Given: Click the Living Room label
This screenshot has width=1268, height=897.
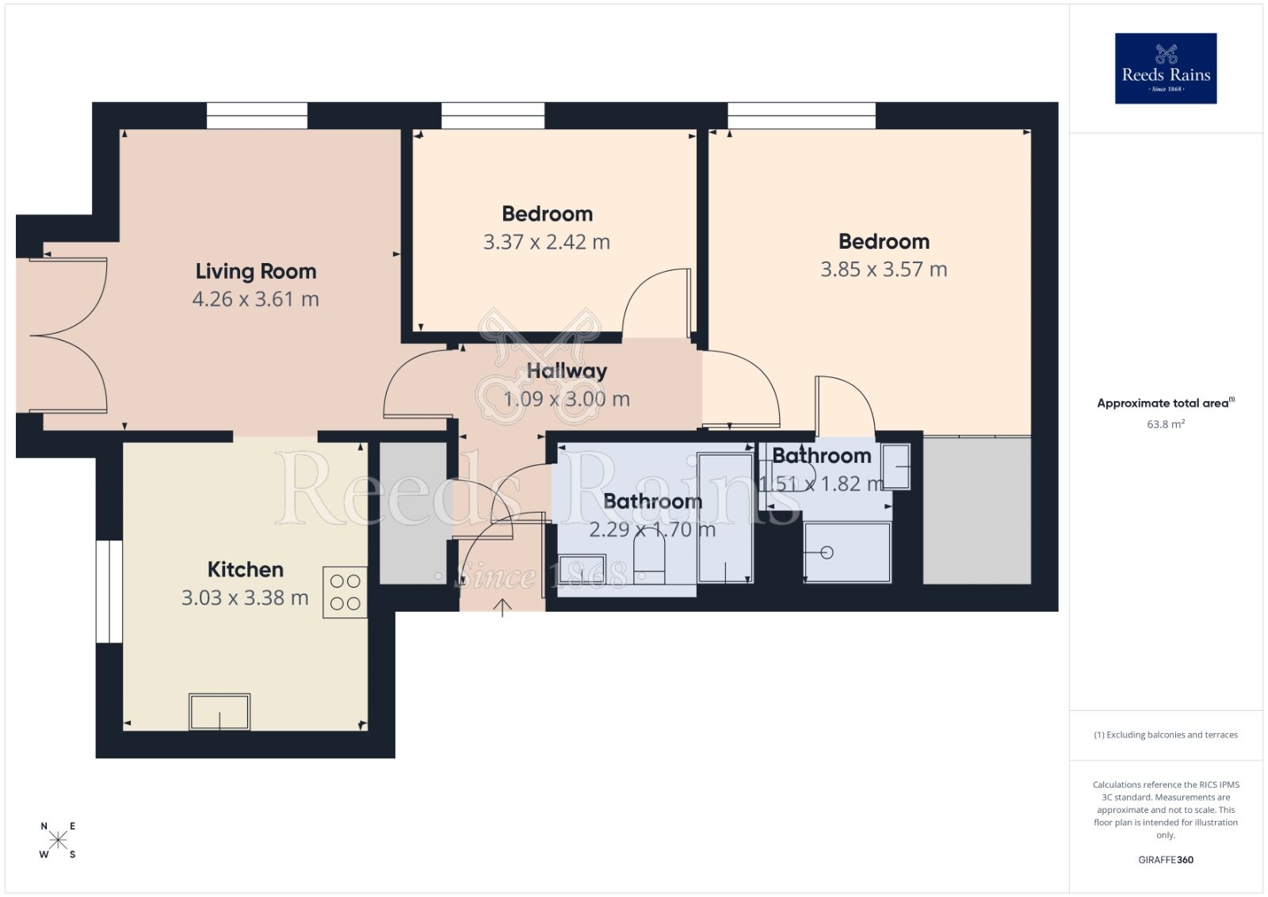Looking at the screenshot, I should pos(255,272).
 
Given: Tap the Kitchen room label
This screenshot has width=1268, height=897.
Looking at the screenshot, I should pos(245,570).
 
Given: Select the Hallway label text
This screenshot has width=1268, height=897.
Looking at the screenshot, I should pos(567,371).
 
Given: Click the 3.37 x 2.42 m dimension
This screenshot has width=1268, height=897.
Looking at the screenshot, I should pos(547,242).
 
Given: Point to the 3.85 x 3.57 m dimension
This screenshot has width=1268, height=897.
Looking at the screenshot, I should pos(884,269).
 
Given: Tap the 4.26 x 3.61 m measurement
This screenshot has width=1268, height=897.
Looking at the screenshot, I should pos(255,300).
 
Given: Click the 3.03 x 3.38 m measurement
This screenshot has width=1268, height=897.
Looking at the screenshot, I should pos(245,597).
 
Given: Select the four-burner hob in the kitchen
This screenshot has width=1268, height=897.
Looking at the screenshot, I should pos(345,592).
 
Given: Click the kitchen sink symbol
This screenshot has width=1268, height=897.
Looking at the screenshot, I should pos(220,712).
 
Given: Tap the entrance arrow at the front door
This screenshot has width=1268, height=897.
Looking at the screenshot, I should pos(502,608).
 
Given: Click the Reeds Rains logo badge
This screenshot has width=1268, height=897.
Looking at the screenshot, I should pos(1165,68).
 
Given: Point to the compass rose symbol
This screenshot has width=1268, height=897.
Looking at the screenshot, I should pos(58,841).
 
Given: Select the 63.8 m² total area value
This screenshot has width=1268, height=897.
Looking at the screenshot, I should pos(1165,425).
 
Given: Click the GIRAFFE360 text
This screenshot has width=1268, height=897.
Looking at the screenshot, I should pos(1165,860).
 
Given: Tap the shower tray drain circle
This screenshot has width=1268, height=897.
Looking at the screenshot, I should pos(827,553).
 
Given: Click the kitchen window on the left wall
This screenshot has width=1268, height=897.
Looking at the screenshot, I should pos(109,591).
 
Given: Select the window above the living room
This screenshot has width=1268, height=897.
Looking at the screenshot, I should pos(257,116).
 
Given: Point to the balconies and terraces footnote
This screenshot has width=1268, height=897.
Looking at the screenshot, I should pos(1165,735).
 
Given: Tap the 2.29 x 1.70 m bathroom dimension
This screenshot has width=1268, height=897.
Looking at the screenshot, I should pos(651,529).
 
